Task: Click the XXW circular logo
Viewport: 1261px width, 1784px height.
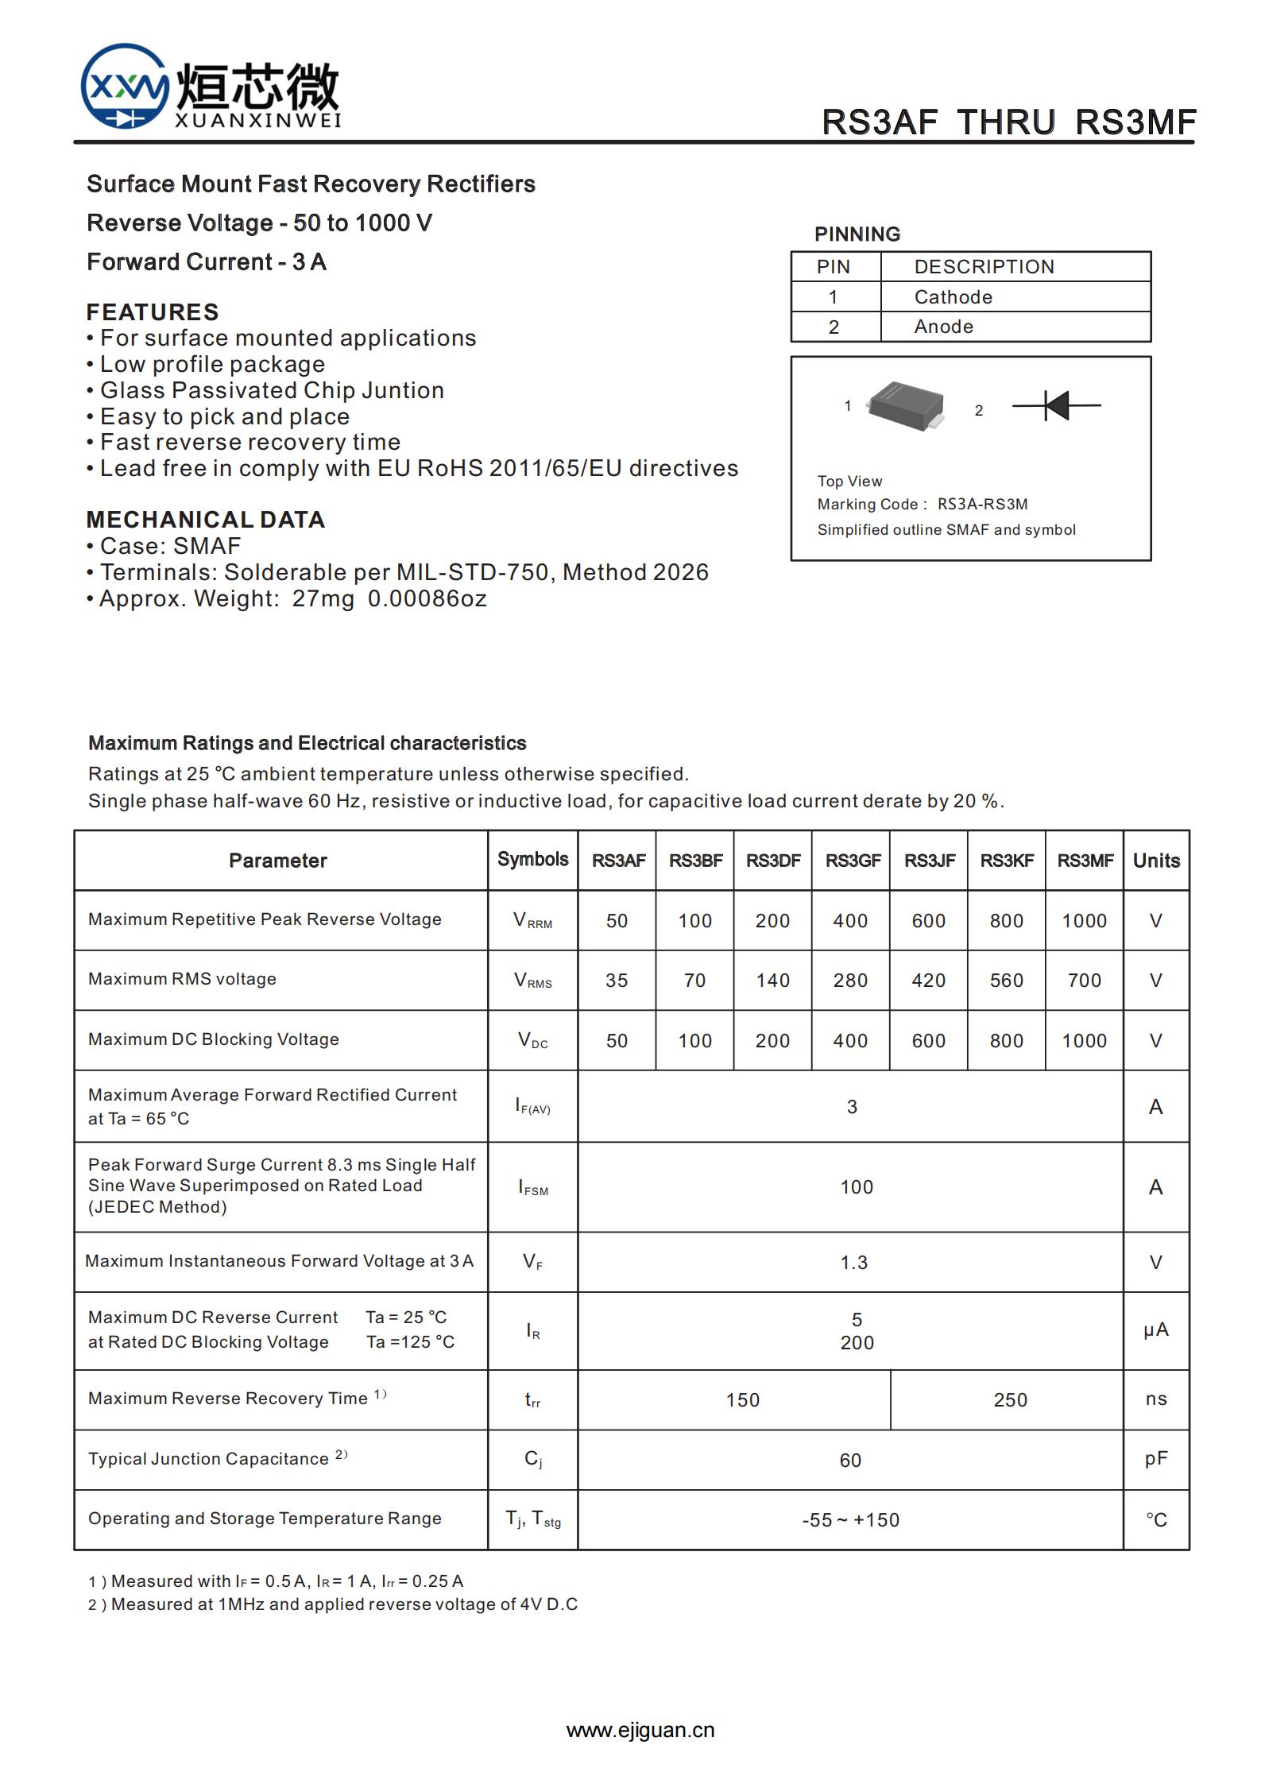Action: click(x=125, y=86)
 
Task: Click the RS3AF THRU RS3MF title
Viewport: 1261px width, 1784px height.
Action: click(x=1008, y=122)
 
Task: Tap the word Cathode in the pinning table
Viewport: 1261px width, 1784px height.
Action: click(x=953, y=297)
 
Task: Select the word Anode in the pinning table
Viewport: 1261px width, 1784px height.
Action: click(x=943, y=327)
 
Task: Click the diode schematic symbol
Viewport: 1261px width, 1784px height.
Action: click(x=1056, y=405)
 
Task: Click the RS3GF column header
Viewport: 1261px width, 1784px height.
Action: click(x=852, y=861)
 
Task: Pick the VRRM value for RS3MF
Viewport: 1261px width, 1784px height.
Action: click(x=1084, y=921)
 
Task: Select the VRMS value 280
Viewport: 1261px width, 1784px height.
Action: click(x=850, y=981)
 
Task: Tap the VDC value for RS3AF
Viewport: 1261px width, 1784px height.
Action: click(x=617, y=1041)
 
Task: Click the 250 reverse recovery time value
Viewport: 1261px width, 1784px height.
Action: click(x=1010, y=1400)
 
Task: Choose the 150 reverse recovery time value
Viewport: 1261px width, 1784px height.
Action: click(x=742, y=1400)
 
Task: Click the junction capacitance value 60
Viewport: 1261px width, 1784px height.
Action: click(x=850, y=1461)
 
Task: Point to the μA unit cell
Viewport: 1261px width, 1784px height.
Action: click(x=1155, y=1330)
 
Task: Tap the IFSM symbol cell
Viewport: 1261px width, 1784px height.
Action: click(x=533, y=1187)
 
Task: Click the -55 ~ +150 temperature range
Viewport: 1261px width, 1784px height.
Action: click(x=850, y=1520)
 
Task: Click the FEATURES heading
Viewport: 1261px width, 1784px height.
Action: click(x=153, y=312)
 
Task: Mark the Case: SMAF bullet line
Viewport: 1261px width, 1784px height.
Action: click(x=164, y=546)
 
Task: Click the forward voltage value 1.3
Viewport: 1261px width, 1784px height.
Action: click(x=853, y=1263)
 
